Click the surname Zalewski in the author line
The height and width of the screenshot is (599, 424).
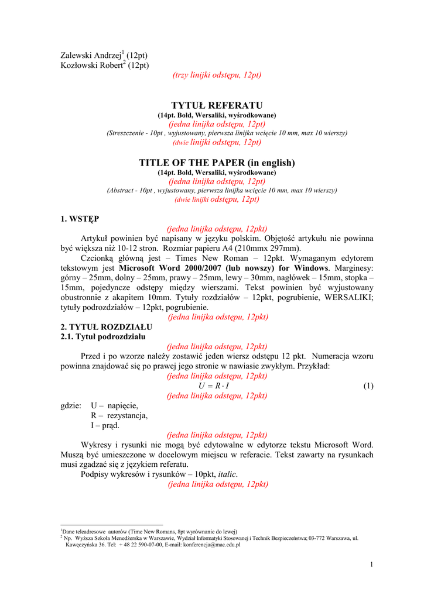pos(78,56)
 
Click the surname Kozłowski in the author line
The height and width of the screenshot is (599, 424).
pos(81,65)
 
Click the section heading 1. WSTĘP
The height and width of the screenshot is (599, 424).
pos(80,219)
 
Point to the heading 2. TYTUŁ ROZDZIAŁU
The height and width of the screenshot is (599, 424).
pos(107,326)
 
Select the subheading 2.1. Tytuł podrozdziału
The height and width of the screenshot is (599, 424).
pos(103,337)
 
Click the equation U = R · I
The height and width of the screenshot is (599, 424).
pos(214,386)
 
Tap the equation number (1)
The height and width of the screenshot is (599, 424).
pos(368,386)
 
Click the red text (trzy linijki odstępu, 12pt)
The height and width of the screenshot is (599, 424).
pos(217,75)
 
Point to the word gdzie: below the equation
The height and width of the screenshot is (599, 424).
pos(71,405)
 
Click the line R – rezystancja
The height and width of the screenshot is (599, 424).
pos(119,415)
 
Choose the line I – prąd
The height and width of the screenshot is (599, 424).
pos(105,425)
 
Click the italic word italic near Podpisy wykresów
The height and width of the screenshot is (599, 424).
pos(227,474)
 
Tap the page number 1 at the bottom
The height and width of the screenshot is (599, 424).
pos(371,564)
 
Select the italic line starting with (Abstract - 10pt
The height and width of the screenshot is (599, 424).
pos(221,191)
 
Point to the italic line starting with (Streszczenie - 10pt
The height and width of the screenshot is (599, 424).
pos(227,133)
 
